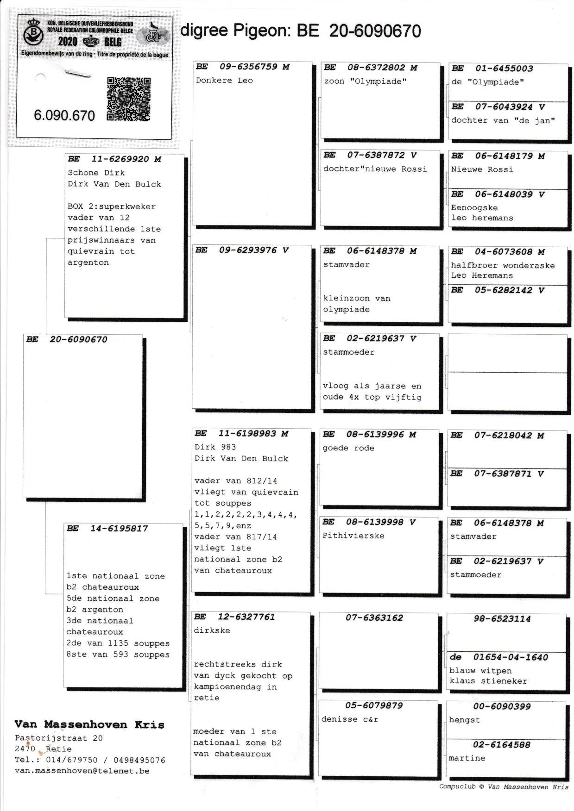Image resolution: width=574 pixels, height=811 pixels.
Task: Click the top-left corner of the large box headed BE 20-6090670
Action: pos(24,334)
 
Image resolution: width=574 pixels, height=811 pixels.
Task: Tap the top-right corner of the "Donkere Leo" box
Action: pos(312,62)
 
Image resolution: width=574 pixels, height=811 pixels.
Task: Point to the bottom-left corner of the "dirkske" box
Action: pos(191,774)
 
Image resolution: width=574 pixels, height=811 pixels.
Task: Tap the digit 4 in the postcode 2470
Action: pos(23,749)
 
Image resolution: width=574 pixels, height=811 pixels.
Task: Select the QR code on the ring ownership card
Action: pos(129,99)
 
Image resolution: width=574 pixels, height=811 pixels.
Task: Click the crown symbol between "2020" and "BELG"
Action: pos(91,42)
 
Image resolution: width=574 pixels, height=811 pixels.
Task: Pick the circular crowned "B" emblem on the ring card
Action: pos(33,32)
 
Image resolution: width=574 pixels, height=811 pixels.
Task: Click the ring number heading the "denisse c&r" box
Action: pos(374,705)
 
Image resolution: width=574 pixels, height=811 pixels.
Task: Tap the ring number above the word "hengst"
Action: pos(502,706)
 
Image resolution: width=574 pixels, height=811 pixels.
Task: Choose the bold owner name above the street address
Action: pos(89,724)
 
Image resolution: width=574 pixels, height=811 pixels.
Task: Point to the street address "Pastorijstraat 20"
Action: pos(59,738)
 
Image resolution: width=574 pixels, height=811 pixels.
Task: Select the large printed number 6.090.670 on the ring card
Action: pos(64,115)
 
